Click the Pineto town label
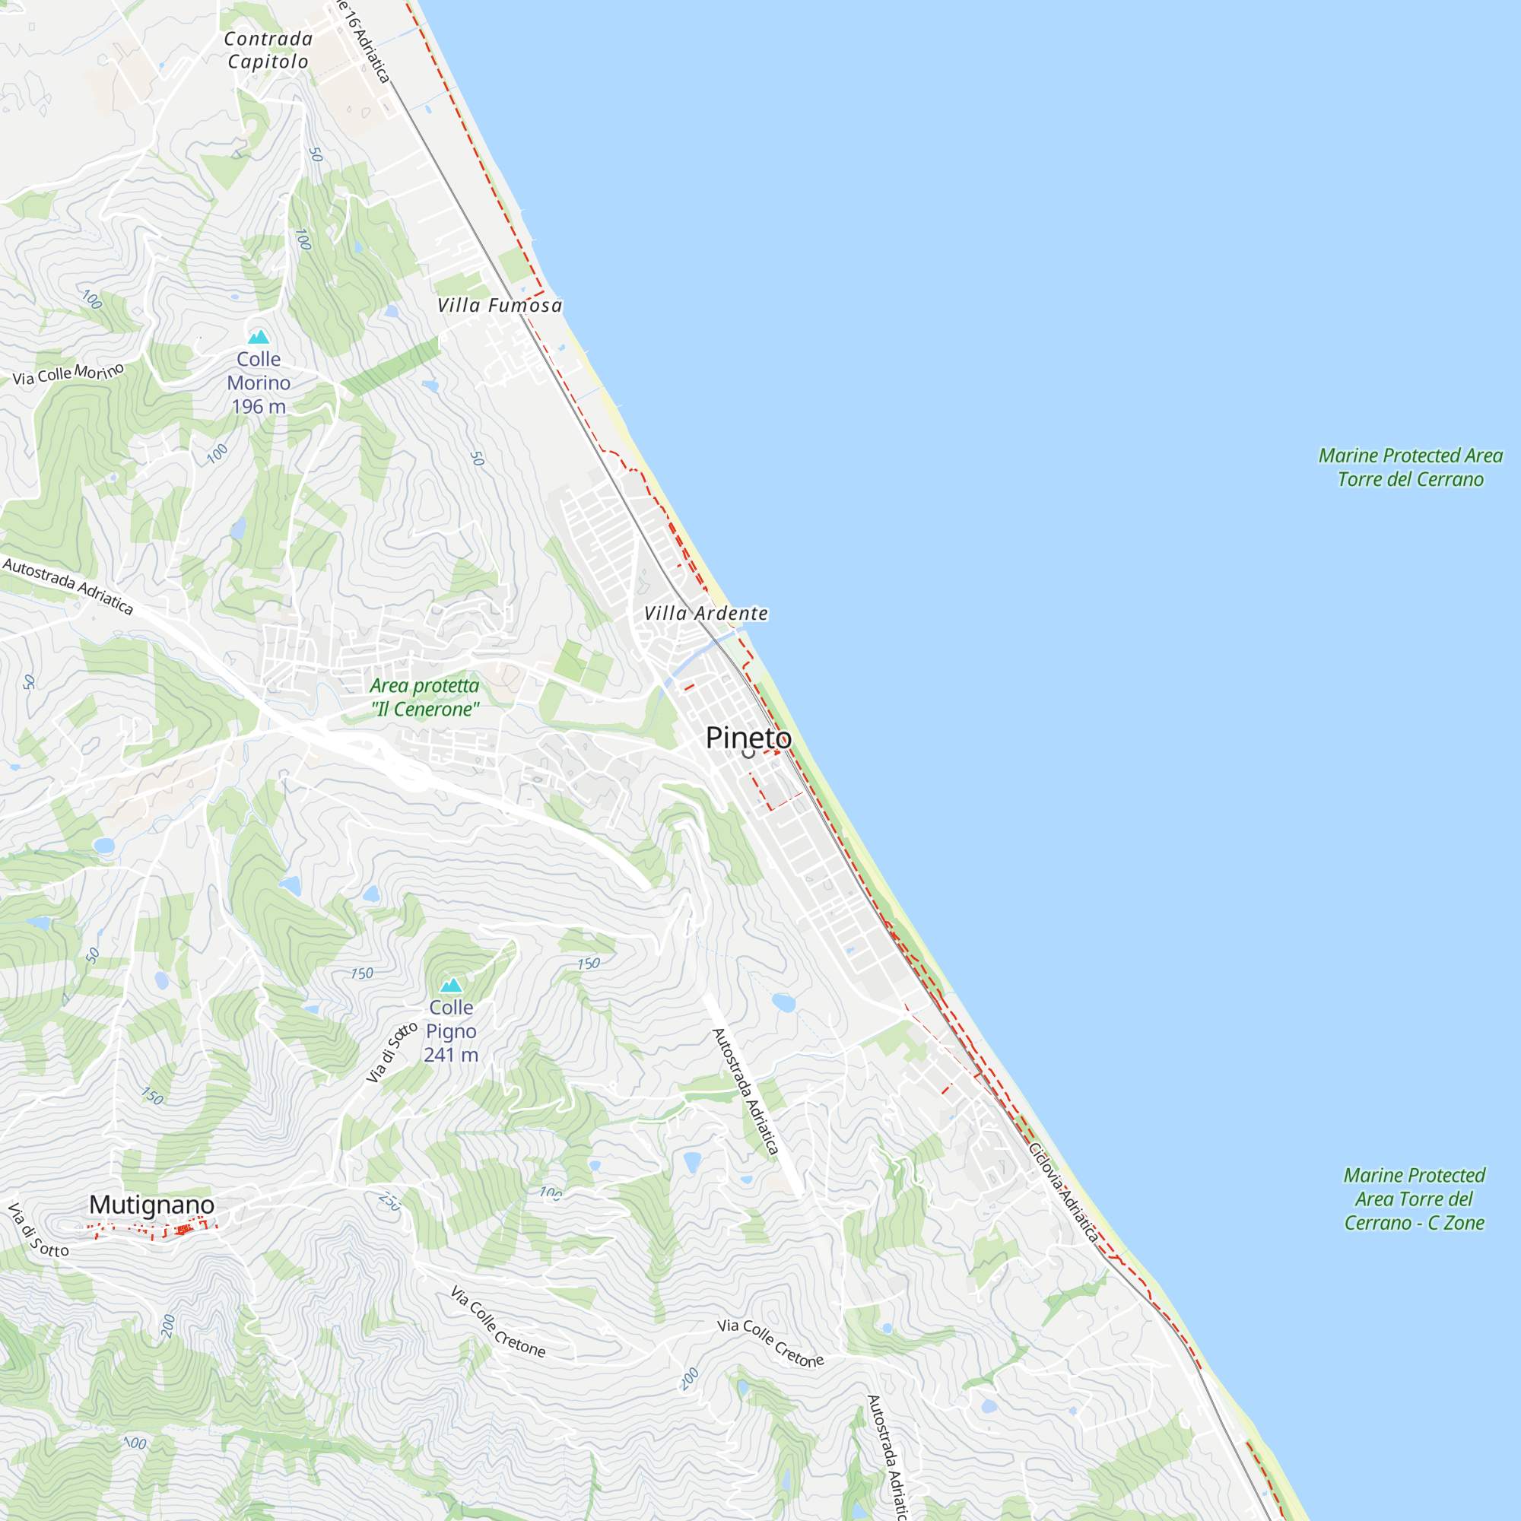(748, 738)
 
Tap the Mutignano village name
(151, 1205)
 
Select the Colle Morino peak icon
(259, 337)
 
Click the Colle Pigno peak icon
(451, 985)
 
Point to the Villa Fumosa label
(500, 306)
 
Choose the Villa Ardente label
(706, 613)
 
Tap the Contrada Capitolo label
(268, 49)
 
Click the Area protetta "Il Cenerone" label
(425, 697)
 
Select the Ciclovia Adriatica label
(1063, 1192)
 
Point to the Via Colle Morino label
(68, 373)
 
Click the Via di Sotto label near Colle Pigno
(391, 1052)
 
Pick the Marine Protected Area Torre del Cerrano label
(1410, 468)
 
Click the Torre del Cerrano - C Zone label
(1414, 1199)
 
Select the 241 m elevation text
(451, 1055)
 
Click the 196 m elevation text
(259, 407)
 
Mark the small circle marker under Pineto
(748, 754)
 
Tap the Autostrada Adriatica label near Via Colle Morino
(68, 586)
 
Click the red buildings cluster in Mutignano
(183, 1230)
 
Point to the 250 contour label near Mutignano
(389, 1202)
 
